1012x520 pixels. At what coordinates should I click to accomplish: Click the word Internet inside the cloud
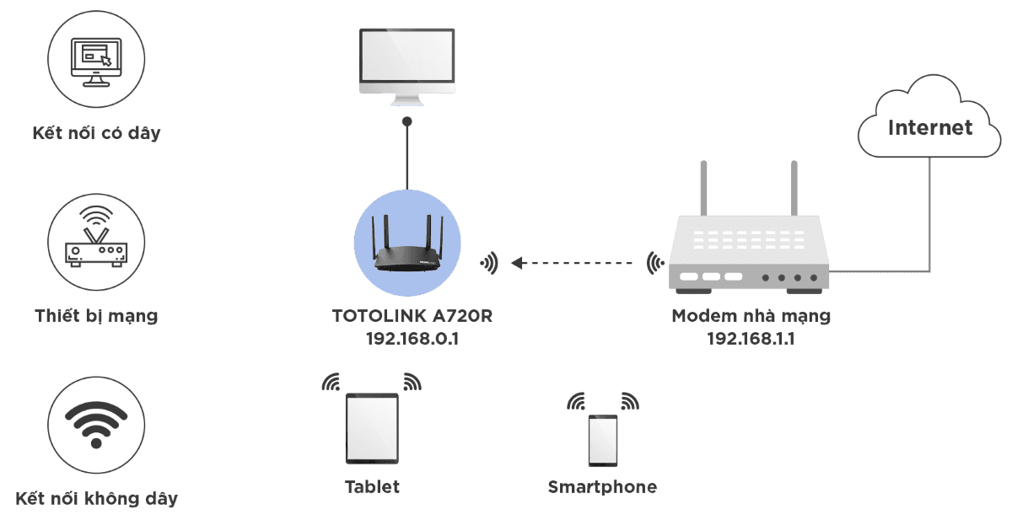point(930,128)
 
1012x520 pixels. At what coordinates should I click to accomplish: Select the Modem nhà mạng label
point(751,317)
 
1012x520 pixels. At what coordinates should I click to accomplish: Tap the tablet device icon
point(372,427)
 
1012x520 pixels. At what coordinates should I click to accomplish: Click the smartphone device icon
point(602,440)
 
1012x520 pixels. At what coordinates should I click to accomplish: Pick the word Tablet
point(372,487)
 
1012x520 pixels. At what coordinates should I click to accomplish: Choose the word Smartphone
point(602,487)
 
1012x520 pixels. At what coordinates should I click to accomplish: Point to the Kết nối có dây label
point(96,133)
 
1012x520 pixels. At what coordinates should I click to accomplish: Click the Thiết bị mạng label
point(96,317)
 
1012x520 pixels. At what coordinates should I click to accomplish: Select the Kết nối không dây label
point(96,498)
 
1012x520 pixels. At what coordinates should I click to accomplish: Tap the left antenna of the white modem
point(703,190)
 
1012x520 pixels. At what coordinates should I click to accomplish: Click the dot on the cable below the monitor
point(407,122)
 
